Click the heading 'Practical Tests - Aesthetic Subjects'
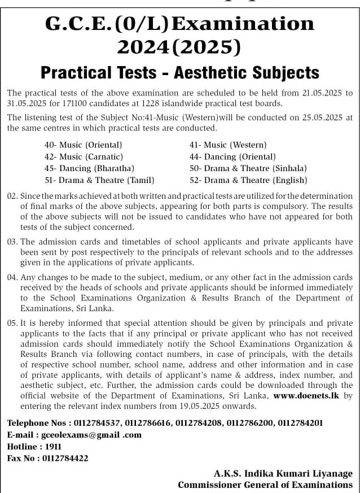point(180,73)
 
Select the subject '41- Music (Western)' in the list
point(228,145)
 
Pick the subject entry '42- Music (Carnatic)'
point(84,156)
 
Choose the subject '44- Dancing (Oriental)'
point(232,156)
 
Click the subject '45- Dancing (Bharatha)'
point(89,168)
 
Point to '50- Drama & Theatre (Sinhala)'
point(248,168)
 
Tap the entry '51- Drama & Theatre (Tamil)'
point(99,180)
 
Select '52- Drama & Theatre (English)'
point(248,180)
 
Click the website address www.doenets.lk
point(306,396)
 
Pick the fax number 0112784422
point(65,458)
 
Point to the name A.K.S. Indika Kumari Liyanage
point(283,473)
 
